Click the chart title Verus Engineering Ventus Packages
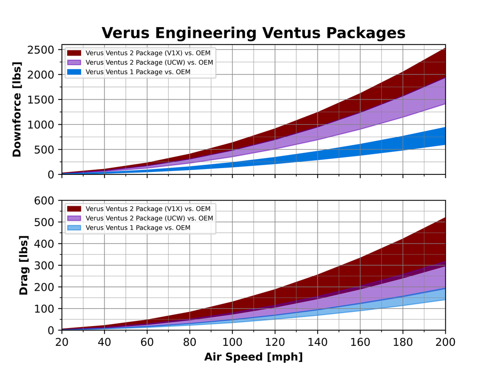point(253,33)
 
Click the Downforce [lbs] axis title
point(17,109)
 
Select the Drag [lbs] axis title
point(23,265)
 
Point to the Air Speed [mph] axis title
point(253,357)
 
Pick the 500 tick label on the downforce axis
point(45,149)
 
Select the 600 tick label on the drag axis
point(45,200)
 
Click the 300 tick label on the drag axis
point(45,265)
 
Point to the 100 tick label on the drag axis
point(45,309)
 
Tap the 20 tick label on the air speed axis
point(62,342)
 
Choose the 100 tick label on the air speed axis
point(232,342)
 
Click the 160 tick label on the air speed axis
point(360,342)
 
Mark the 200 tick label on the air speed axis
point(445,342)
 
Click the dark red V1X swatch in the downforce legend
point(73,53)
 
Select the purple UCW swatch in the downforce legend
point(73,62)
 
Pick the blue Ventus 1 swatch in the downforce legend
point(73,72)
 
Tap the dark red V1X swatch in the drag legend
point(73,209)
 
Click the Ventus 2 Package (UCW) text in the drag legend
point(149,218)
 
